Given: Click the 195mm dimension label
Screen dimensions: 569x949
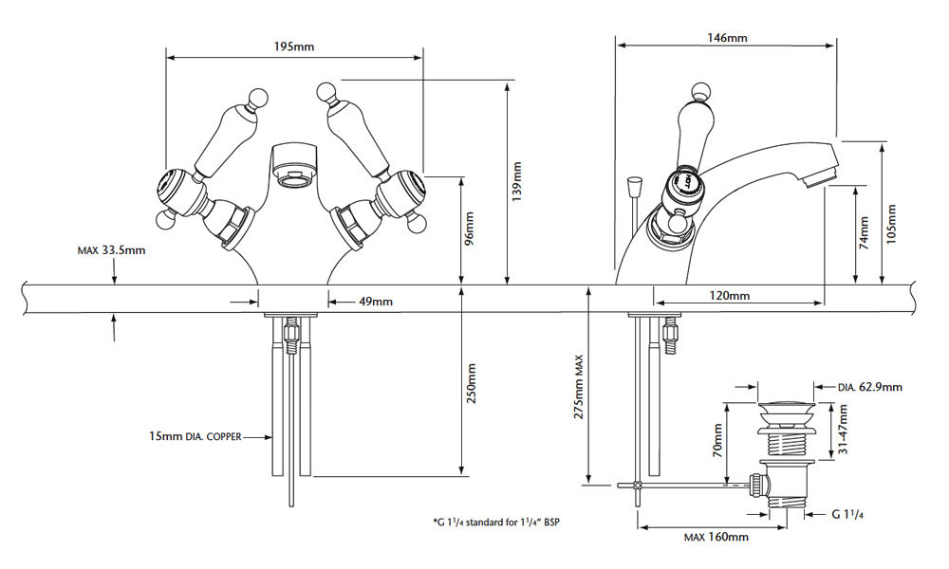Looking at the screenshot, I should (x=295, y=46).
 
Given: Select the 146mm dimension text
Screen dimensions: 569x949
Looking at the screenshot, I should (x=728, y=38).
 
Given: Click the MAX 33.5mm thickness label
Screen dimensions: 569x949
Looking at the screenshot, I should (x=111, y=251).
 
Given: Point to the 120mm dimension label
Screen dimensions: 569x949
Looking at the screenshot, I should (x=731, y=296).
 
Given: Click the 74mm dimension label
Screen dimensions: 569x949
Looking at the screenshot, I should (x=865, y=232).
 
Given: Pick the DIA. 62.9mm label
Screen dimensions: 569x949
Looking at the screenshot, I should (x=870, y=387).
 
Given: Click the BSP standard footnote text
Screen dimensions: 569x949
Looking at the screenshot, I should (x=501, y=522).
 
